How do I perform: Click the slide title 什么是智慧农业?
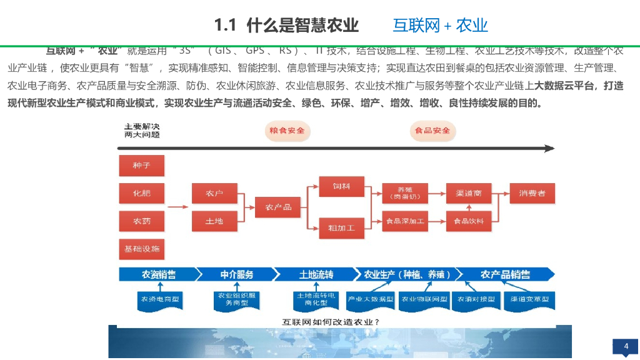[x=286, y=25]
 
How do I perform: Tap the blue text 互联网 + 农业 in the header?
[x=440, y=25]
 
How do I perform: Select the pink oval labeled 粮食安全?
[x=287, y=131]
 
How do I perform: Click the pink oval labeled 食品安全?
[x=432, y=131]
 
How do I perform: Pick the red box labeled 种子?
[x=141, y=166]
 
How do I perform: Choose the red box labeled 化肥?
[x=141, y=193]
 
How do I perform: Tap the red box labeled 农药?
[x=141, y=221]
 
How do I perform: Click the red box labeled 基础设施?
[x=141, y=249]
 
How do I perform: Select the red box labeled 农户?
[x=214, y=194]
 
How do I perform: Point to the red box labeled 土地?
[x=214, y=221]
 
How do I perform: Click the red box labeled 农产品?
[x=278, y=207]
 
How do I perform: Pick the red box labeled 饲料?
[x=341, y=186]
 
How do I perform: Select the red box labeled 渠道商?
[x=468, y=193]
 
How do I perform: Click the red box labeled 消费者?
[x=532, y=193]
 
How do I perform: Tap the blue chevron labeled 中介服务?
[x=237, y=274]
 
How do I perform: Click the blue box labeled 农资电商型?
[x=160, y=299]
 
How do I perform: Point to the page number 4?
[x=626, y=346]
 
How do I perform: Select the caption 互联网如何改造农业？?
[x=331, y=322]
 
